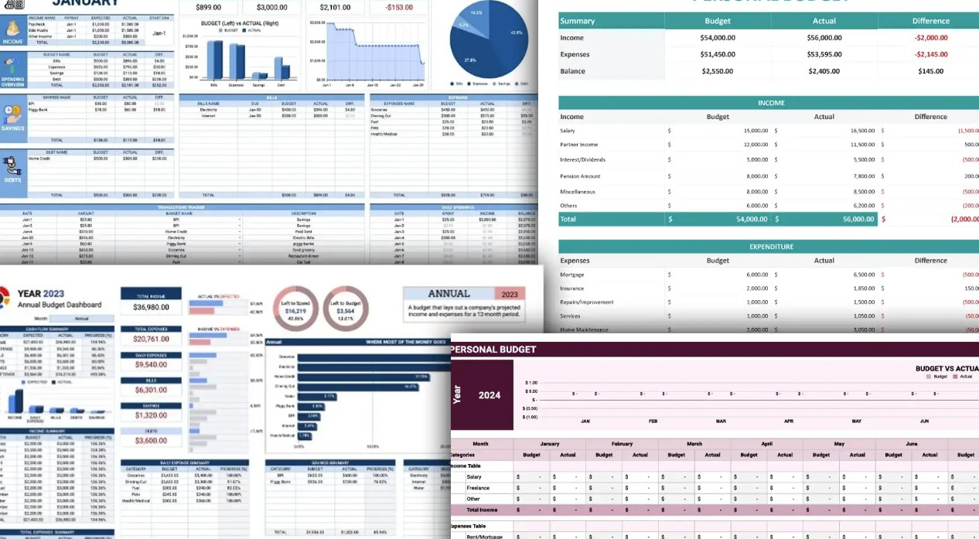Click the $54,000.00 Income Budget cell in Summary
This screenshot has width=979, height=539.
(x=717, y=38)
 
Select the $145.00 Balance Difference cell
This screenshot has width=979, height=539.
(x=930, y=71)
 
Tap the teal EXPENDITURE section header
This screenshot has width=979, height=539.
(x=770, y=247)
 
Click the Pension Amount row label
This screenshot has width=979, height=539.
(x=580, y=176)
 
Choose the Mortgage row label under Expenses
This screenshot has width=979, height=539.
(x=572, y=275)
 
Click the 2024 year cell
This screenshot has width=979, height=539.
(x=489, y=395)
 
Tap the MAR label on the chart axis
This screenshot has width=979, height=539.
(x=721, y=421)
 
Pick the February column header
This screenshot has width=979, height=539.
(x=622, y=444)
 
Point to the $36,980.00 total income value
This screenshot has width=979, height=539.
(x=151, y=308)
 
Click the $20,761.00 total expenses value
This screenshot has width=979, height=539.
(x=151, y=339)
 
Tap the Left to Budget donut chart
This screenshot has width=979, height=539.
(x=346, y=309)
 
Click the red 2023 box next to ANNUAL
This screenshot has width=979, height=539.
(x=510, y=295)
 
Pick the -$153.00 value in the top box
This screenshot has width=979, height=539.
(x=399, y=8)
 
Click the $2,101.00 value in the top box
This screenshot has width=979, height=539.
(x=334, y=8)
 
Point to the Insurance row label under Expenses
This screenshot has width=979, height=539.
(x=573, y=288)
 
